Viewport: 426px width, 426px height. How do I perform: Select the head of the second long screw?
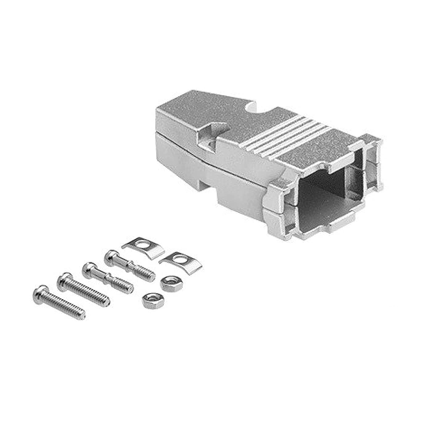point(64,279)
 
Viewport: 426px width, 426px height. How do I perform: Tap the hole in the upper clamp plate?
point(142,245)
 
